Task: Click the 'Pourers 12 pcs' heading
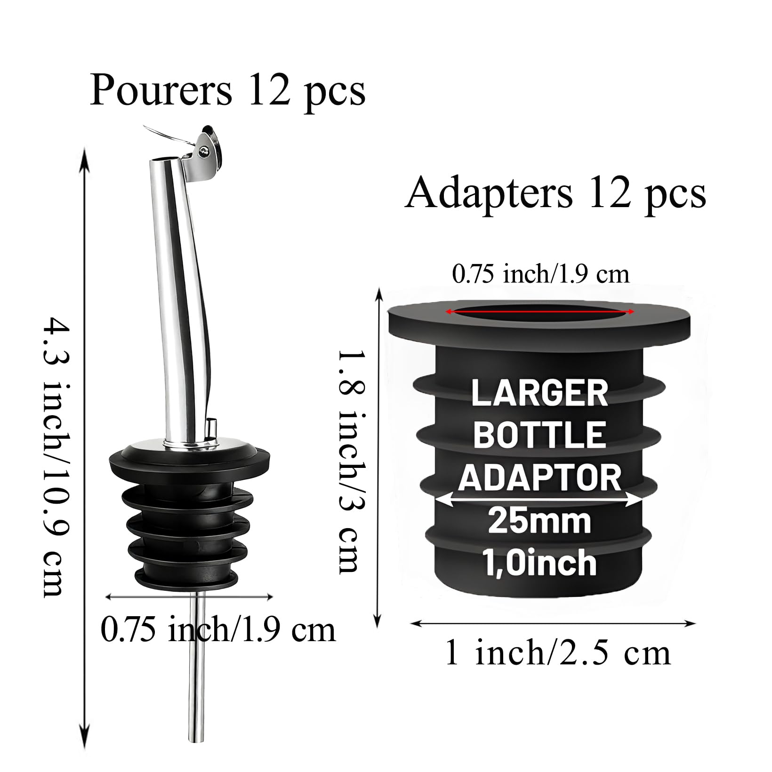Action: [227, 90]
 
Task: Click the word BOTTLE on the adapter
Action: [539, 435]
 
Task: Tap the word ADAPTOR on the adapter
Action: [540, 476]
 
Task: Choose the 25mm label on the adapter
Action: [539, 521]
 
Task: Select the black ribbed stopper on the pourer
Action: [190, 515]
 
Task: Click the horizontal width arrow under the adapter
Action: [554, 624]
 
